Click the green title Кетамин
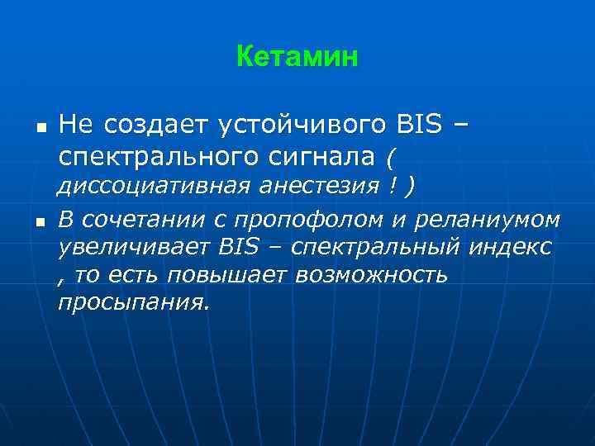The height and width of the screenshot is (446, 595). [x=297, y=57]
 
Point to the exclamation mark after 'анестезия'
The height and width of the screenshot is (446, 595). [x=388, y=186]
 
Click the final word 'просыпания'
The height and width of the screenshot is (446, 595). [x=132, y=302]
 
